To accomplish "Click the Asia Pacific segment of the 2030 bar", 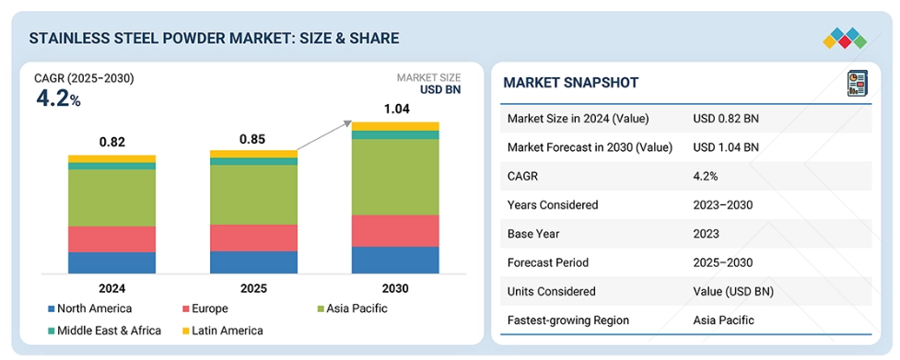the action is (395, 177).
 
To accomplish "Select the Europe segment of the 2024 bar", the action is (112, 239).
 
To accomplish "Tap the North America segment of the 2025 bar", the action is (253, 262).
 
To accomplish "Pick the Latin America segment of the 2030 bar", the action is (395, 126).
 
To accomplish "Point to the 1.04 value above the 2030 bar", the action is (395, 109).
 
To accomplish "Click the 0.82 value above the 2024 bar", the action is (112, 142).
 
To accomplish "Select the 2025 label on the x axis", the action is (253, 288).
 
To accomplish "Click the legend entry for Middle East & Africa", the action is (104, 331).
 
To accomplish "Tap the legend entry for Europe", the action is (205, 308).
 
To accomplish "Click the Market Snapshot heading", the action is (570, 83).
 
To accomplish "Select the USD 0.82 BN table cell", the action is (727, 119).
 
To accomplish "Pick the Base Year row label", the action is (533, 234).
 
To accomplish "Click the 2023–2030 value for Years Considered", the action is (722, 204).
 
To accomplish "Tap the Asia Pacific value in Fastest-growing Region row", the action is (723, 319).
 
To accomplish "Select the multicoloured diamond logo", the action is (845, 38).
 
